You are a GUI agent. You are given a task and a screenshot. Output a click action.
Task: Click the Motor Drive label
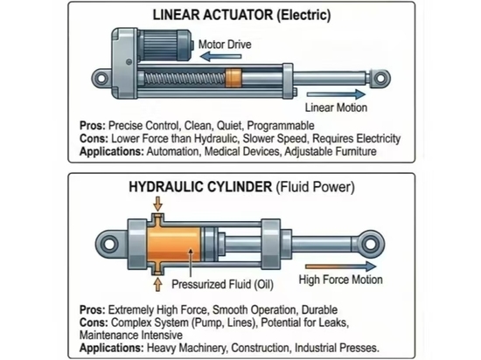[225, 45]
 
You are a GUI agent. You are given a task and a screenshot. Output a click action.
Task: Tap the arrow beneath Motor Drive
[220, 57]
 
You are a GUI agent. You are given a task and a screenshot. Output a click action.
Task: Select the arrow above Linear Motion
[336, 94]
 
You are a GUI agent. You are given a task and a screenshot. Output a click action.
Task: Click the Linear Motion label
[336, 107]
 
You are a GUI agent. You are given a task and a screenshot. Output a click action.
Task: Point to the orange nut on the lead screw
[234, 78]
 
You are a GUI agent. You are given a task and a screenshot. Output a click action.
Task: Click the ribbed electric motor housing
[165, 45]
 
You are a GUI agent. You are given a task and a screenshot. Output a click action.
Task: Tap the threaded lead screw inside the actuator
[185, 79]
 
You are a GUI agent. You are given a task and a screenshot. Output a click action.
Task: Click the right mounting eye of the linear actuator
[380, 78]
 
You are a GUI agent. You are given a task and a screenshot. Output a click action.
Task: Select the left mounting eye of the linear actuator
[101, 78]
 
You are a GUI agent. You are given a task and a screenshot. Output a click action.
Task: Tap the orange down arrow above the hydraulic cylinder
[158, 204]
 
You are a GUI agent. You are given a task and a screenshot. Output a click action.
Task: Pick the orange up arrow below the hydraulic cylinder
[157, 284]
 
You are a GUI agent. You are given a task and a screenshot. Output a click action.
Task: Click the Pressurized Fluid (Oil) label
[222, 284]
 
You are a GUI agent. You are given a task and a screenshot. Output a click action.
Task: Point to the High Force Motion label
[341, 280]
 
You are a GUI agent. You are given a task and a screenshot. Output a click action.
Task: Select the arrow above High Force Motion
[341, 267]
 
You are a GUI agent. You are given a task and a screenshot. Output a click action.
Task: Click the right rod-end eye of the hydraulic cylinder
[371, 244]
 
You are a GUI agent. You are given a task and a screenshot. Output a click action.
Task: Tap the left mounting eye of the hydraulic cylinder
[109, 244]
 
